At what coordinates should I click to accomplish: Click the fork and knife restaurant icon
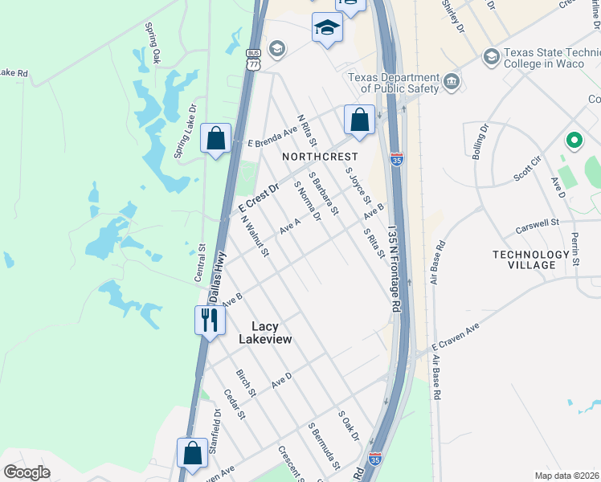click(x=207, y=320)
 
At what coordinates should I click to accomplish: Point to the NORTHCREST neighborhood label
click(x=319, y=157)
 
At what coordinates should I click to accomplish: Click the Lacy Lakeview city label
click(x=265, y=333)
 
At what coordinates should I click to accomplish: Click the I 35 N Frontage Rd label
click(x=394, y=269)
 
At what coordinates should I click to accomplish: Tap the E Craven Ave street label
click(x=455, y=336)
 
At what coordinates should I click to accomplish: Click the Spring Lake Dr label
click(x=186, y=129)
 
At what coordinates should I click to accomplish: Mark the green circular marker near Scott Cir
click(x=574, y=141)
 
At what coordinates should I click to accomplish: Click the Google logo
click(x=27, y=472)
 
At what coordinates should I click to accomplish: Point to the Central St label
click(x=200, y=264)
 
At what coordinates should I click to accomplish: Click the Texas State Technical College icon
click(x=491, y=57)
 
